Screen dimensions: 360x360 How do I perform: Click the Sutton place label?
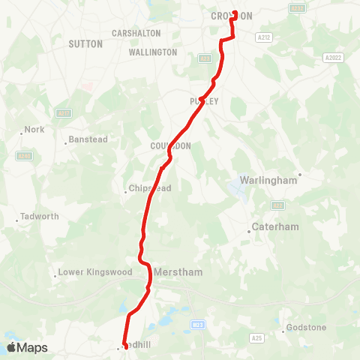click(x=85, y=44)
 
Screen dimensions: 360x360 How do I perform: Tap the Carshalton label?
click(x=136, y=34)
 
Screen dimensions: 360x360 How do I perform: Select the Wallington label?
click(x=153, y=52)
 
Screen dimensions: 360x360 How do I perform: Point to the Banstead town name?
click(x=88, y=139)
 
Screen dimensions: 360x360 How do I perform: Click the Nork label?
click(x=34, y=130)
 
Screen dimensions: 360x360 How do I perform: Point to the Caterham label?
click(x=275, y=226)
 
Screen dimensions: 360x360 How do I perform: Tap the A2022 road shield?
click(x=333, y=58)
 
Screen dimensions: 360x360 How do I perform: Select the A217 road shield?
click(x=64, y=113)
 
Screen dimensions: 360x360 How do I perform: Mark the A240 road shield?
click(x=23, y=156)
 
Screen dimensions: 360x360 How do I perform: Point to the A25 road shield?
click(x=257, y=338)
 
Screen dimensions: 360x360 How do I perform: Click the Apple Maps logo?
click(x=27, y=347)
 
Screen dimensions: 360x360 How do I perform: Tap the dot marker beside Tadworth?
click(x=17, y=220)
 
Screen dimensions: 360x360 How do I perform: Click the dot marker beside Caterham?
click(x=250, y=231)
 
